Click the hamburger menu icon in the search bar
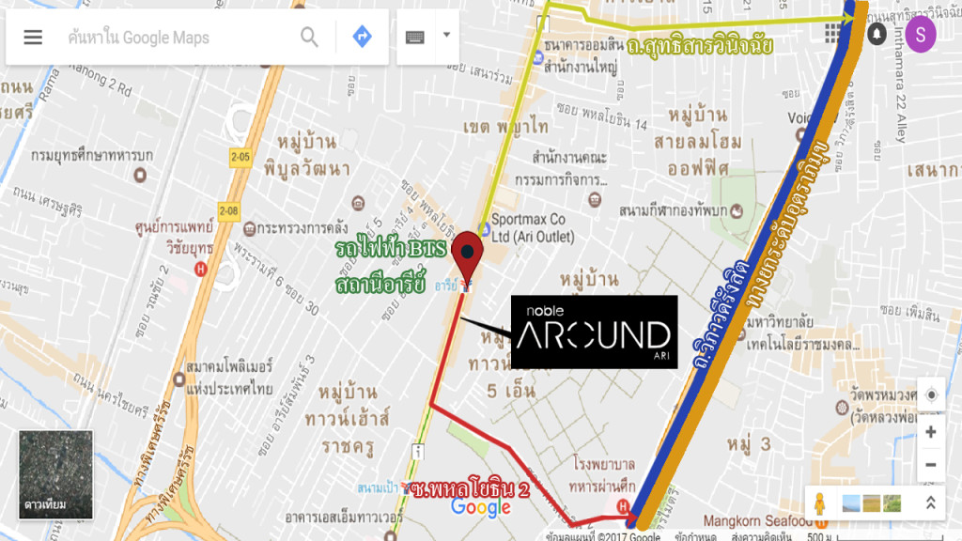(x=33, y=38)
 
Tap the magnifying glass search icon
(x=309, y=38)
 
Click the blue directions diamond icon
(x=362, y=38)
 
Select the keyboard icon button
(x=415, y=38)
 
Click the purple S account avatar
(x=921, y=35)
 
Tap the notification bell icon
(x=877, y=35)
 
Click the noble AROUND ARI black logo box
(x=594, y=332)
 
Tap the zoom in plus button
(x=930, y=432)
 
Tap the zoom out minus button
(x=930, y=464)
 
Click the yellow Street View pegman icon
(x=820, y=503)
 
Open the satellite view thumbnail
(x=55, y=474)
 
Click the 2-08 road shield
(x=229, y=210)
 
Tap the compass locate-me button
(x=930, y=395)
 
